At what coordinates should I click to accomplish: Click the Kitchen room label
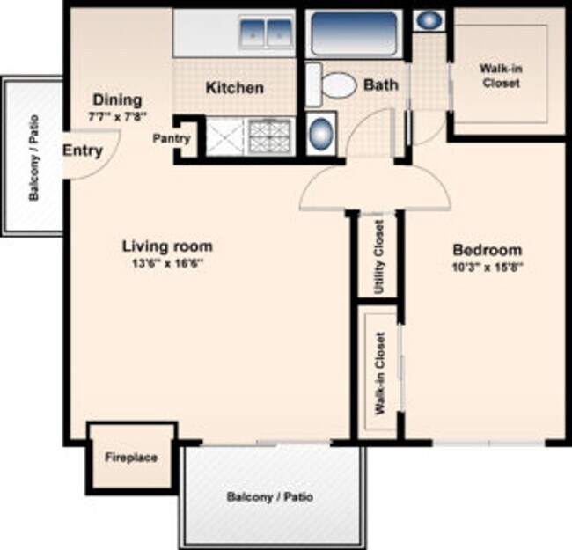[235, 88]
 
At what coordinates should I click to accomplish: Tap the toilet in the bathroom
[331, 85]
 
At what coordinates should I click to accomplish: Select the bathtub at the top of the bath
[354, 33]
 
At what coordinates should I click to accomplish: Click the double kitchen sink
[266, 33]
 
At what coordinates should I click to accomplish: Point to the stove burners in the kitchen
[270, 137]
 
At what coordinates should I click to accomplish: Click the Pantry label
[172, 138]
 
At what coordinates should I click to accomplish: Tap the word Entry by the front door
[83, 150]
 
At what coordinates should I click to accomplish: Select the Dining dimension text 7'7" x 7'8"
[117, 117]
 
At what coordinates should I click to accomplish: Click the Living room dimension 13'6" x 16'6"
[167, 263]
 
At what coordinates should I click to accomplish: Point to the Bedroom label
[487, 250]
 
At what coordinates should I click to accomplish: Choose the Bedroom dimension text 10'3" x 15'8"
[488, 267]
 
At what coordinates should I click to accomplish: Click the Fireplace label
[131, 458]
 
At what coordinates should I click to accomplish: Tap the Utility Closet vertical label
[379, 257]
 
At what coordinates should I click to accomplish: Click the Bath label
[381, 85]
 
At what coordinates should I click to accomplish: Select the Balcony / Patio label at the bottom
[269, 496]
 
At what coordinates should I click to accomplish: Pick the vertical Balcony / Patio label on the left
[34, 158]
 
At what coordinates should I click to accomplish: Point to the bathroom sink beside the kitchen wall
[320, 133]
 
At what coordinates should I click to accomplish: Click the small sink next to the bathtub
[429, 20]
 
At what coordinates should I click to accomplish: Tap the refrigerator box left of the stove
[224, 137]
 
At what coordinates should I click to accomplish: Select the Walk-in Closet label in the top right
[501, 76]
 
